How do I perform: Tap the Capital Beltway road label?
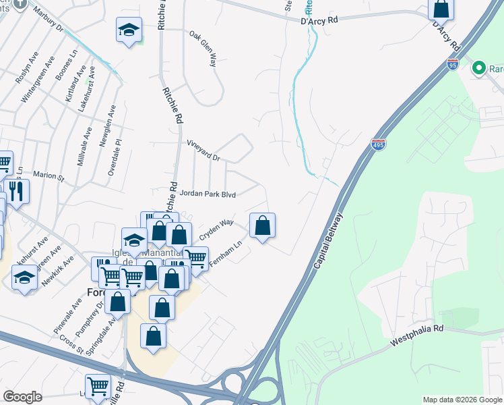click(x=328, y=242)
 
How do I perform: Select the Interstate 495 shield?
click(x=378, y=145)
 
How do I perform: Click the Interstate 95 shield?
click(x=453, y=65)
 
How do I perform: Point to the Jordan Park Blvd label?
click(x=207, y=194)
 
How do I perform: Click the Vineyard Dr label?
click(x=203, y=151)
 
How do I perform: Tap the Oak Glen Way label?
click(x=203, y=48)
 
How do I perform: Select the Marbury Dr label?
click(x=47, y=20)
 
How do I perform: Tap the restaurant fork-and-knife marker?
click(x=16, y=191)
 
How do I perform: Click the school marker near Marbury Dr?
click(x=129, y=30)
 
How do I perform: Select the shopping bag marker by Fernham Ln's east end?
click(x=263, y=226)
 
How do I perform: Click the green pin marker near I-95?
click(x=479, y=67)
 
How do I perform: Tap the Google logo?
click(x=22, y=396)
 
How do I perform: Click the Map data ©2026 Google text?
click(x=462, y=400)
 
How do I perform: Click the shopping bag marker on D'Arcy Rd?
click(x=441, y=9)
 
